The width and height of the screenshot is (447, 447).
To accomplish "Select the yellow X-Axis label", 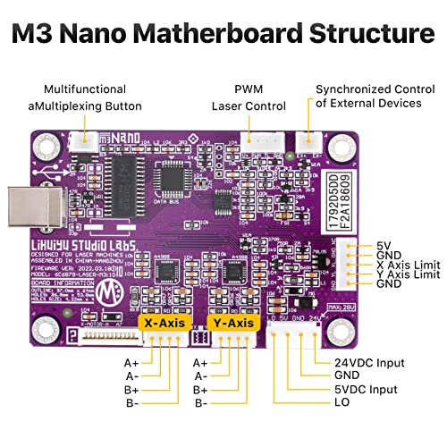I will click(x=166, y=320).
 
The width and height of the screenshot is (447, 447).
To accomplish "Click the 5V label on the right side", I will click(x=385, y=245).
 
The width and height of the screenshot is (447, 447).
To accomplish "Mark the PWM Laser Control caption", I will click(x=249, y=97).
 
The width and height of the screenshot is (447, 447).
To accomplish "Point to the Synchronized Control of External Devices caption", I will click(x=367, y=96).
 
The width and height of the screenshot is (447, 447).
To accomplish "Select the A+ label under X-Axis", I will click(x=132, y=363).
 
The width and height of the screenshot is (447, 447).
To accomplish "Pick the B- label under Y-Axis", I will click(x=200, y=405).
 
